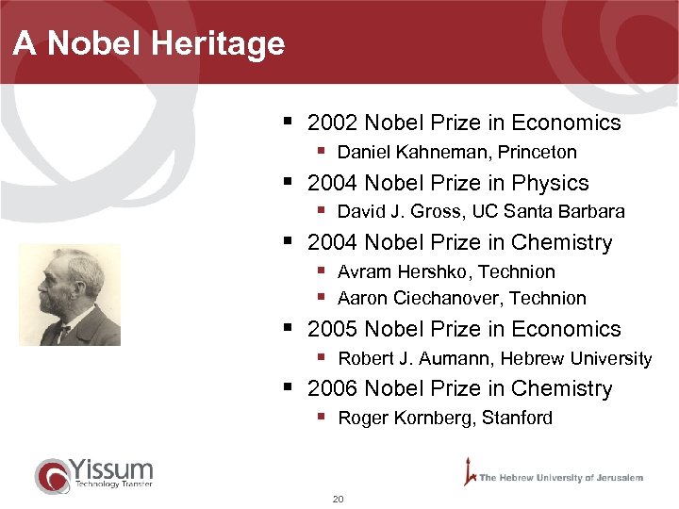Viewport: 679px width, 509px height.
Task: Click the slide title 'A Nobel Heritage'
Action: [149, 43]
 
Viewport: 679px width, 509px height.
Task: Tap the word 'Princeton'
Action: [538, 152]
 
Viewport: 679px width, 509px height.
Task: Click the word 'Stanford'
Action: [517, 418]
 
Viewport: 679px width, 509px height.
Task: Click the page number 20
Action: [338, 499]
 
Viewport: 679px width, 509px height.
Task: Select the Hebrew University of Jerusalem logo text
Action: [560, 478]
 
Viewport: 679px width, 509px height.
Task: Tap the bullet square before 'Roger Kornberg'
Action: [321, 417]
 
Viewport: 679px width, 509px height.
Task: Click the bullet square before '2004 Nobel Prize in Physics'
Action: [288, 181]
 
